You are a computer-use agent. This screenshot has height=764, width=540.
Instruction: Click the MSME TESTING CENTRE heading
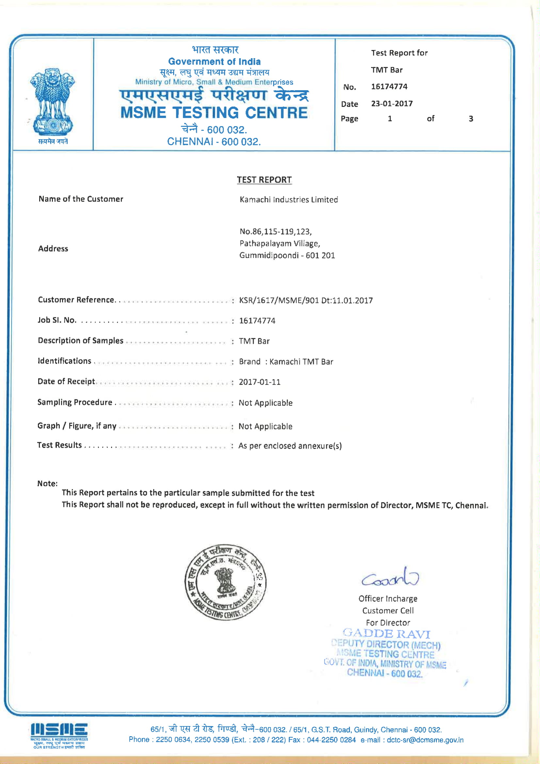(214, 113)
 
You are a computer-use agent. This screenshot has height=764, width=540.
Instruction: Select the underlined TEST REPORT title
(264, 180)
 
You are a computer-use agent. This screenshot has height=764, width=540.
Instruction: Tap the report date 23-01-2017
(392, 104)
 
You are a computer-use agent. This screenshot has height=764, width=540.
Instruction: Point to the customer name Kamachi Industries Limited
(289, 200)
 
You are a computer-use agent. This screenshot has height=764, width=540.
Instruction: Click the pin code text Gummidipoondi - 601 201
(287, 256)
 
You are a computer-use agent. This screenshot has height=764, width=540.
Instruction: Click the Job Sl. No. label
(57, 320)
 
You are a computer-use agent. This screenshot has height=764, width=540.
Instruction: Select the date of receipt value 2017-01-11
(259, 382)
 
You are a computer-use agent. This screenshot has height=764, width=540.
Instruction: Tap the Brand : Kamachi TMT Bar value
(286, 362)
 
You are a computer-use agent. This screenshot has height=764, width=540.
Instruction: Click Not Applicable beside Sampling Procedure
(265, 403)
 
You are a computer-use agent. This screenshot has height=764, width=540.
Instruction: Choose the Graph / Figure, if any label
(77, 426)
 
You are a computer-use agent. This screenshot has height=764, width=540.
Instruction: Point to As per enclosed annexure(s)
(290, 446)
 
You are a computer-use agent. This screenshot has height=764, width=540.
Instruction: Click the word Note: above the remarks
(47, 484)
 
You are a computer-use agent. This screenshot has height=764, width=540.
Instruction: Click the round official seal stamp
(225, 582)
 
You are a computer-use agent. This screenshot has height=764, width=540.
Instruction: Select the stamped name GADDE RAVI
(386, 634)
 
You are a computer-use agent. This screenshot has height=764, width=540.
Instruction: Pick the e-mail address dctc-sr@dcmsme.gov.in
(425, 740)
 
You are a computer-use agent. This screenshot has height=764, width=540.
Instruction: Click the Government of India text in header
(214, 61)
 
